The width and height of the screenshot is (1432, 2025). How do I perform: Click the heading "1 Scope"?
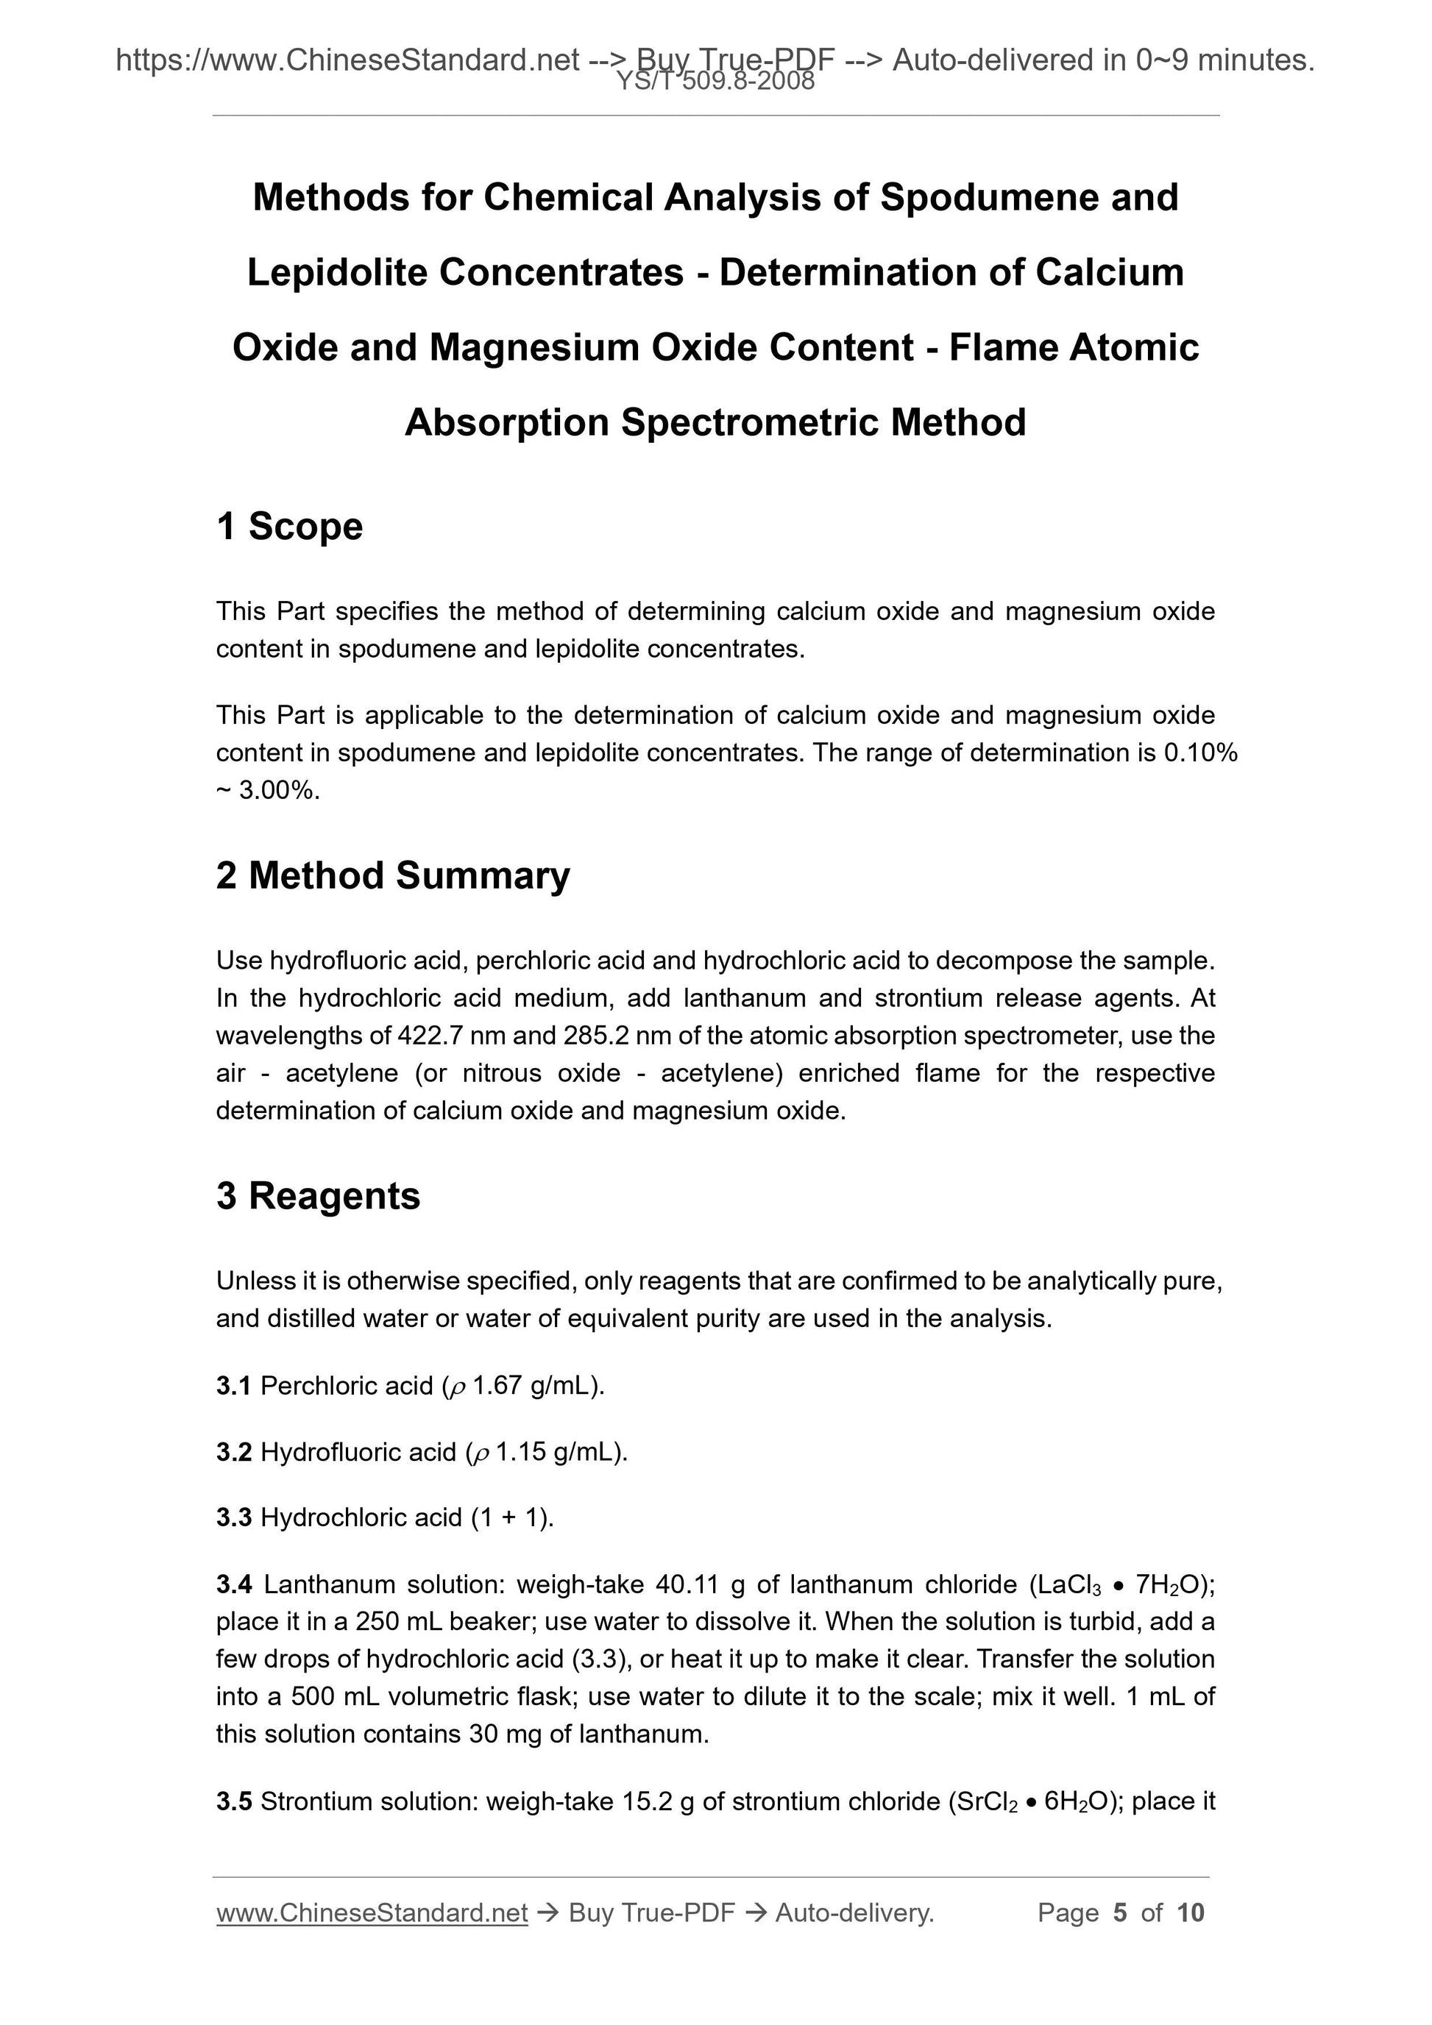coord(289,527)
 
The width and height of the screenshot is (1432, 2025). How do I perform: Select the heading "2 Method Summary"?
coord(393,876)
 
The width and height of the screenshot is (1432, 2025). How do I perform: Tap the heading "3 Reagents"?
coord(318,1196)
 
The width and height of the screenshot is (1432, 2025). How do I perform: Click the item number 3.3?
coord(234,1518)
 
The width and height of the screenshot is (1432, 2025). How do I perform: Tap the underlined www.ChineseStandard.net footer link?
coord(372,1913)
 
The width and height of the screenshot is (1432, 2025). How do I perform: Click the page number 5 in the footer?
coord(1121,1913)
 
